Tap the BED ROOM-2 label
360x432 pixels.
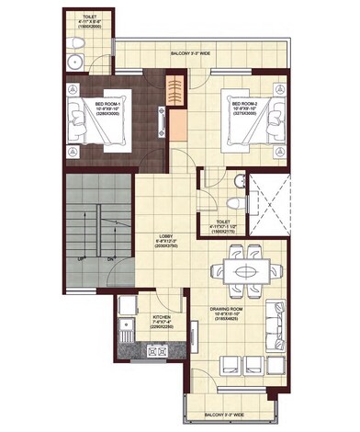242,104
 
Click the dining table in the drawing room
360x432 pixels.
243,272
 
